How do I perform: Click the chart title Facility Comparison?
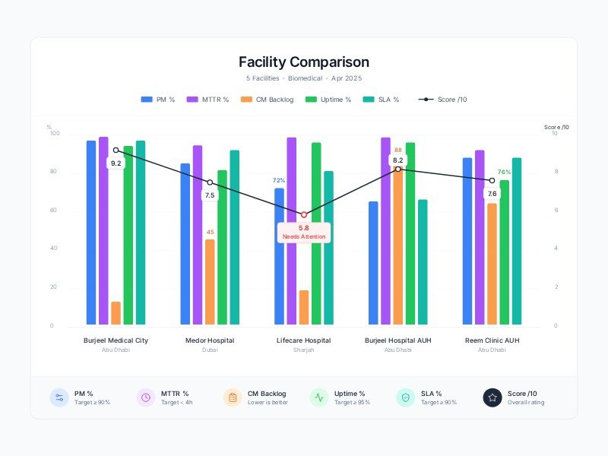304,62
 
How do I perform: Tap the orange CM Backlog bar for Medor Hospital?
210,282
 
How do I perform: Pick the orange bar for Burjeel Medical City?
116,313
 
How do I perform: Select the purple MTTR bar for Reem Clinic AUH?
480,237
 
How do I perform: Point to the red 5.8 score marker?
304,214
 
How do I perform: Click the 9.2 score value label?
116,163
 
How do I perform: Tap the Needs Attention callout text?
304,237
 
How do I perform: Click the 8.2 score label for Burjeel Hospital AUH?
398,160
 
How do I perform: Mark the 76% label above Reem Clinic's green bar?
504,173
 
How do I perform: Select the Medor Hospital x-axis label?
210,340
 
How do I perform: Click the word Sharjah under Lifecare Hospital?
304,350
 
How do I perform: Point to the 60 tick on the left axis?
53,211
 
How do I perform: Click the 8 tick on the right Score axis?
555,173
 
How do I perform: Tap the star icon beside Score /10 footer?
492,397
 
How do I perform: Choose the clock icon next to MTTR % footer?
146,397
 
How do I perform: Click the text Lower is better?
267,402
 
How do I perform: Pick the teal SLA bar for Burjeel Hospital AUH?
423,262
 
